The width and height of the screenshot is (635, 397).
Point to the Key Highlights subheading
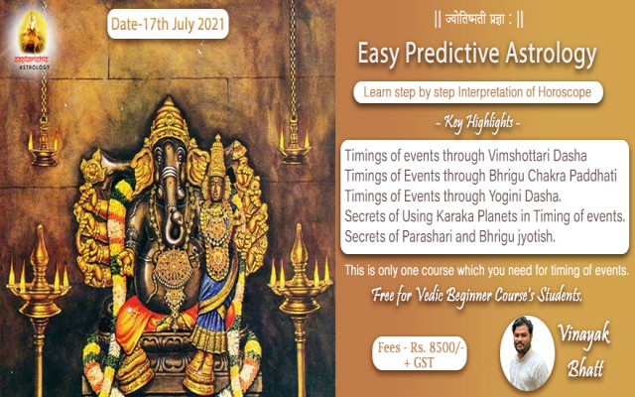tap(486, 124)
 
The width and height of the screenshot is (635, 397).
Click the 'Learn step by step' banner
tap(486, 93)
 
